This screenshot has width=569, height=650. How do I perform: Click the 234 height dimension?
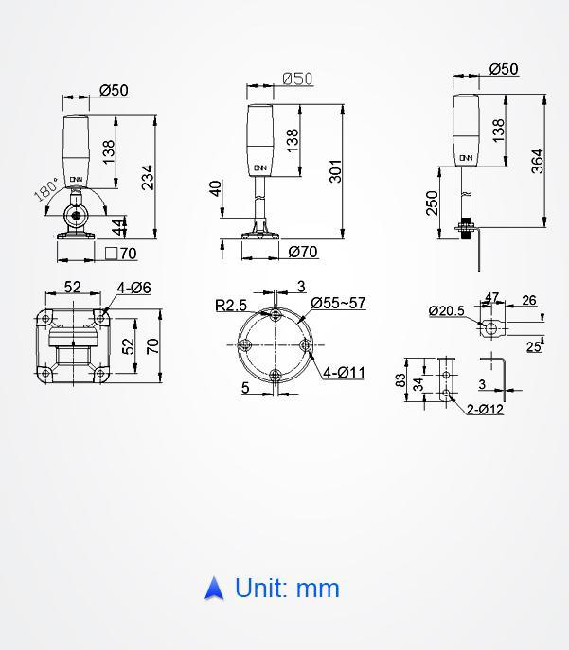[x=148, y=178]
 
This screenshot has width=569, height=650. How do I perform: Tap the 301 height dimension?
[x=335, y=171]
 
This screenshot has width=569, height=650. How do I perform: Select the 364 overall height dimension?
[x=537, y=161]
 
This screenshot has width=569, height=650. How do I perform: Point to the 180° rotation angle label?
[x=46, y=189]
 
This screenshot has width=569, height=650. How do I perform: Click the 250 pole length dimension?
[x=432, y=202]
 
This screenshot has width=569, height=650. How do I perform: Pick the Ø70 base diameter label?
[x=303, y=252]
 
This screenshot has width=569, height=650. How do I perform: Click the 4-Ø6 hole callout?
[x=133, y=288]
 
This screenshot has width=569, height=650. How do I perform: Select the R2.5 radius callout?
[x=231, y=306]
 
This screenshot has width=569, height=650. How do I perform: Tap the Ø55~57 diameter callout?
[x=338, y=303]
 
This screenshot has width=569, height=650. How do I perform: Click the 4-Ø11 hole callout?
[x=344, y=372]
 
